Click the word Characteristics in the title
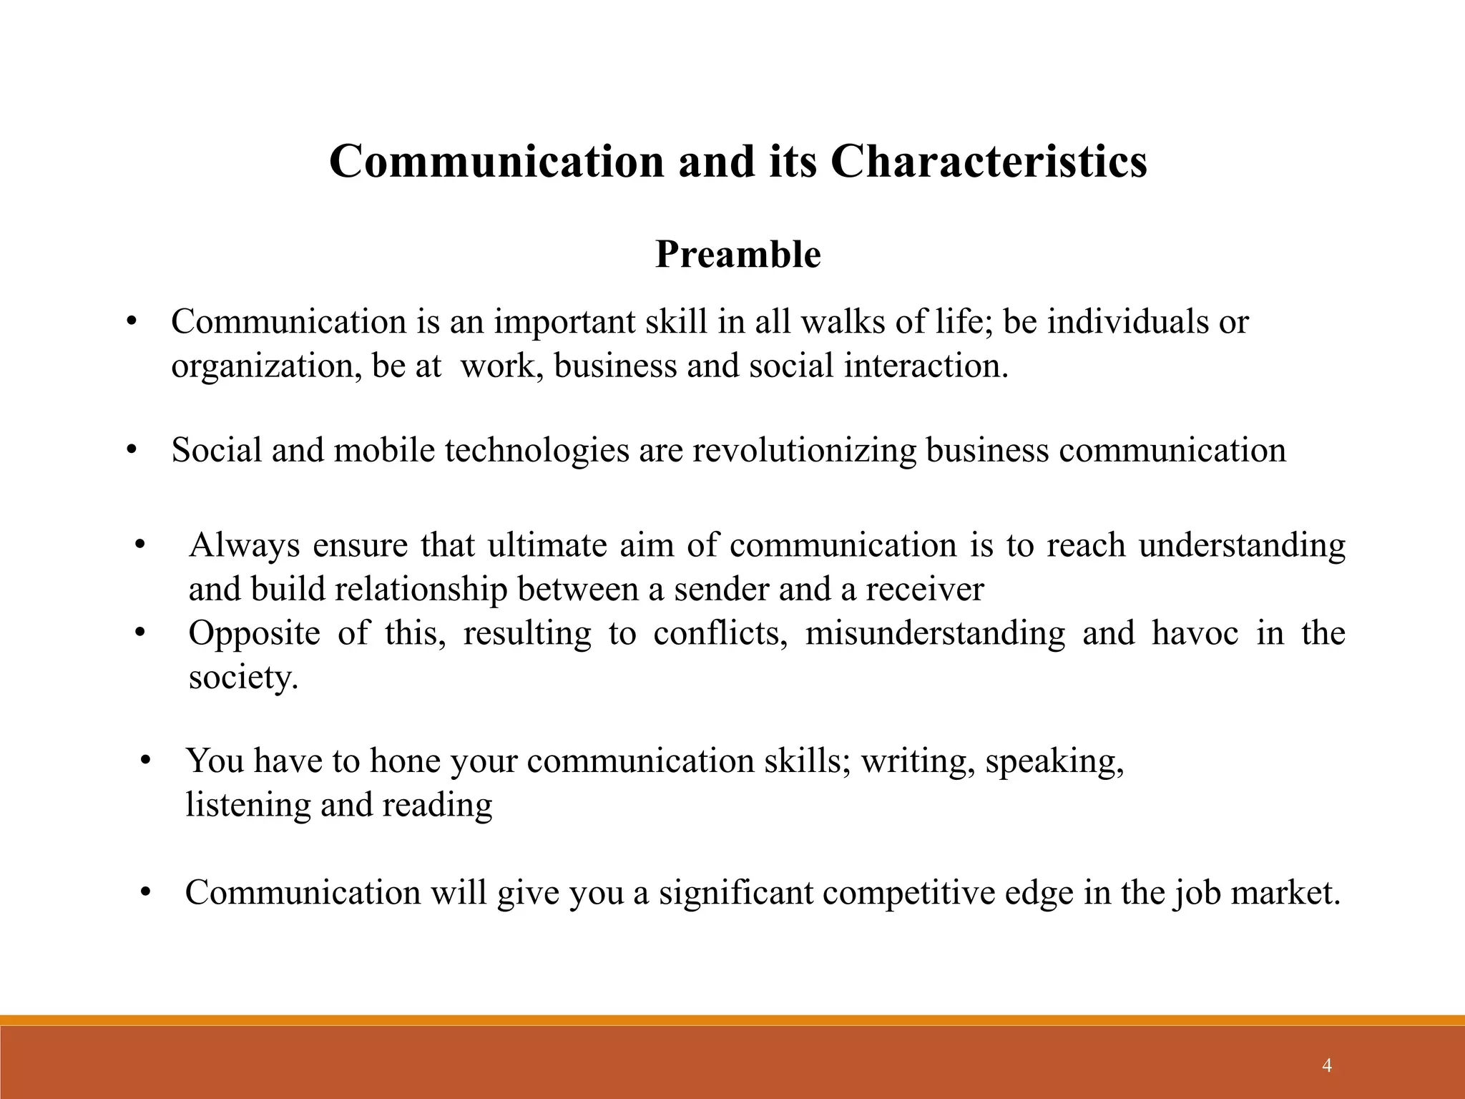click(x=989, y=161)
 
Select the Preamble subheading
click(x=738, y=255)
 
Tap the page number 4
click(x=1327, y=1066)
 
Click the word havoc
click(x=1195, y=633)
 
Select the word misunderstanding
click(x=935, y=633)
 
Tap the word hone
click(x=404, y=761)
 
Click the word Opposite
click(x=254, y=633)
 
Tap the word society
click(x=242, y=677)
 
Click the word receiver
click(x=924, y=590)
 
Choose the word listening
click(x=248, y=805)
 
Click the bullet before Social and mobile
click(x=131, y=451)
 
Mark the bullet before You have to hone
click(x=146, y=761)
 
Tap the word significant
click(x=735, y=893)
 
